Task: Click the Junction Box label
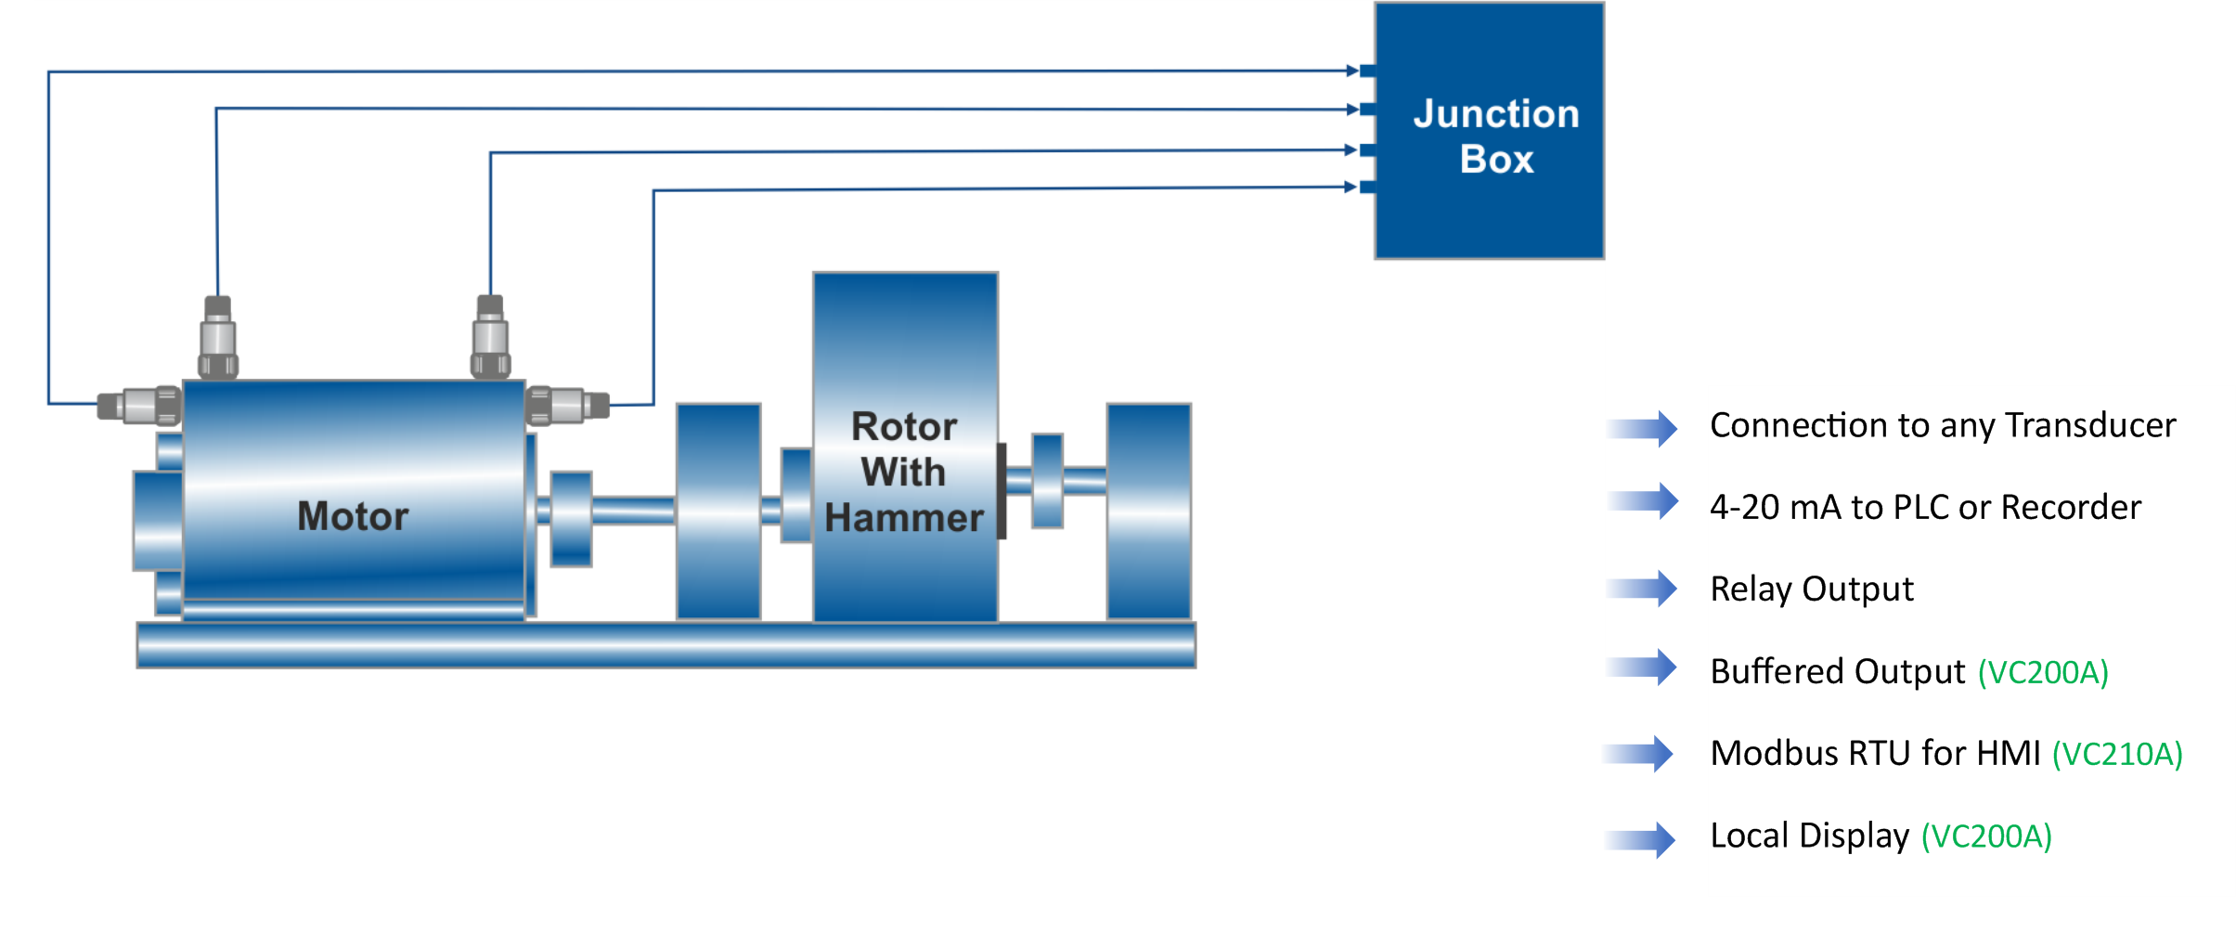click(1496, 136)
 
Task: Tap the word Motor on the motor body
click(353, 516)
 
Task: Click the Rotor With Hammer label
click(904, 473)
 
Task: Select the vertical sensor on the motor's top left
click(218, 337)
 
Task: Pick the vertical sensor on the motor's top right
click(490, 337)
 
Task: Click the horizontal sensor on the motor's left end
click(139, 406)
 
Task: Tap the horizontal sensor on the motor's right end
click(567, 406)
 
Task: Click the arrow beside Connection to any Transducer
click(1642, 429)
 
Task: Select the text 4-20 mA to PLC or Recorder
click(1925, 508)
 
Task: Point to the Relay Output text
click(1812, 590)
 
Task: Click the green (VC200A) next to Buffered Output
click(2043, 672)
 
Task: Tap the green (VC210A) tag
click(2117, 754)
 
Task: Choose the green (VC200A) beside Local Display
click(1986, 836)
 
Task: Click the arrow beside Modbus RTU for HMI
click(1638, 754)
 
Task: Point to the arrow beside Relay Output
click(1642, 589)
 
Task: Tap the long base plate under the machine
click(666, 645)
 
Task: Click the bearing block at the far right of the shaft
click(1148, 512)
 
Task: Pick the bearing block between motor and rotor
click(718, 512)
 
